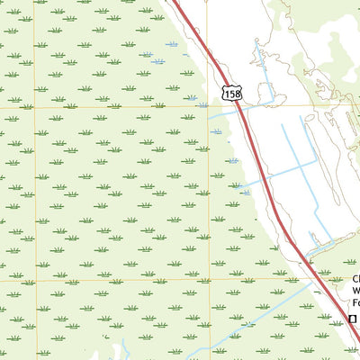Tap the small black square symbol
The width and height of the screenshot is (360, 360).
[x=354, y=319]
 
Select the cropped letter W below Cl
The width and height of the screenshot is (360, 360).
[x=355, y=291]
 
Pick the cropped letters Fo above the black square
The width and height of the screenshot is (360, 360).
[x=355, y=303]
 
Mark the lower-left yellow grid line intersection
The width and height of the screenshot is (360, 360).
[x=34, y=280]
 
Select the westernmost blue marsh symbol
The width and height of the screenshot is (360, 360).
[x=158, y=61]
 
